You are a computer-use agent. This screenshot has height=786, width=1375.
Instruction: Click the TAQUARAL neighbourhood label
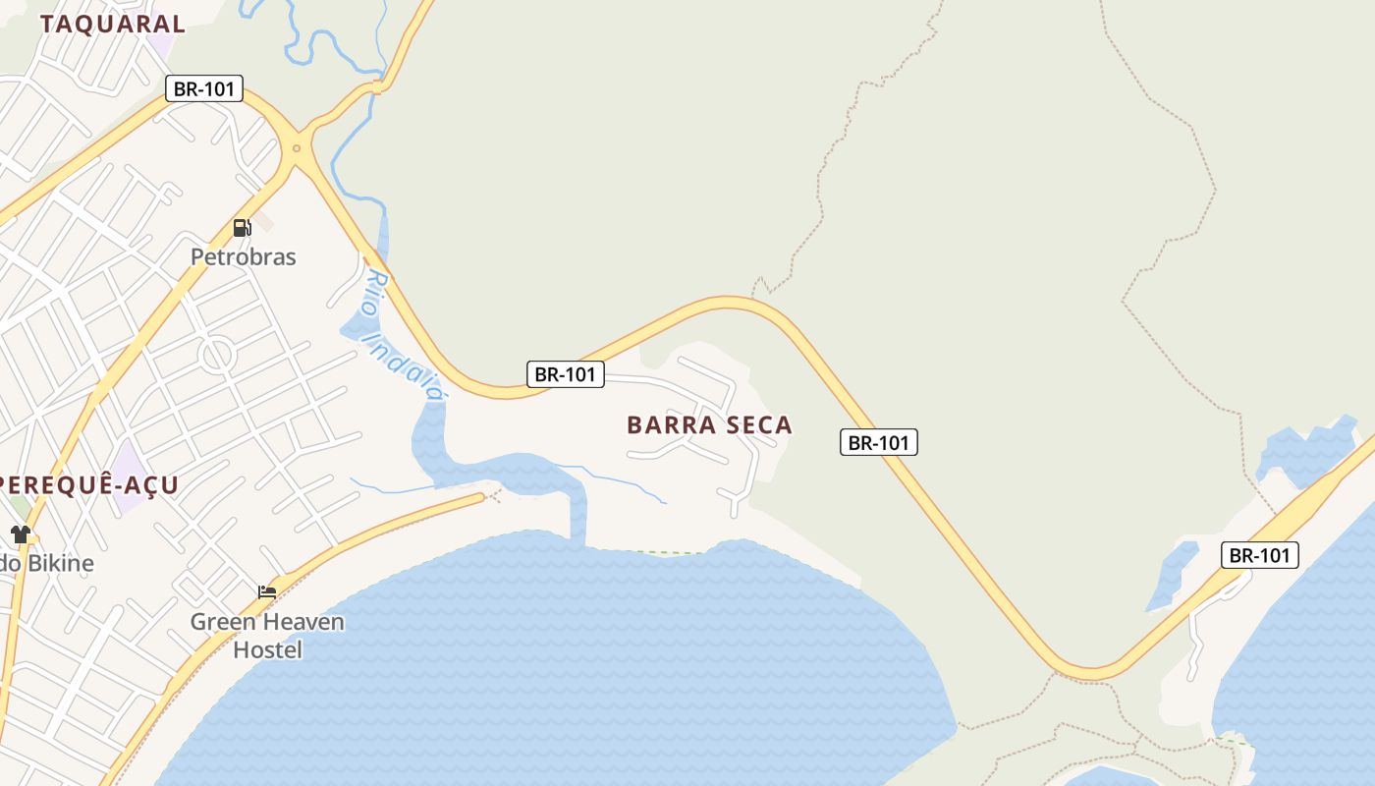pyautogui.click(x=112, y=25)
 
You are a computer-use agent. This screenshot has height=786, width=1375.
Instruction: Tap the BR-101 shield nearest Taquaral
pyautogui.click(x=204, y=88)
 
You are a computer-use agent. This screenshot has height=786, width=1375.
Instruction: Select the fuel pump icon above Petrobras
pyautogui.click(x=242, y=228)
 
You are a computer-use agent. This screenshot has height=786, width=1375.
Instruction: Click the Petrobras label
pyautogui.click(x=243, y=256)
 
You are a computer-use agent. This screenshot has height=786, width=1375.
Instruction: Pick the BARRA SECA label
pyautogui.click(x=709, y=424)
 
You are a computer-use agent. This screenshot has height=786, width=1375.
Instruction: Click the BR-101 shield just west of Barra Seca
pyautogui.click(x=565, y=373)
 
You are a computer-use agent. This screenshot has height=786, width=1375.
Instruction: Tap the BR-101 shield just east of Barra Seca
pyautogui.click(x=878, y=442)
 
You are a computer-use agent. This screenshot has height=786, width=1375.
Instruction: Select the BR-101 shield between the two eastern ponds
pyautogui.click(x=1260, y=555)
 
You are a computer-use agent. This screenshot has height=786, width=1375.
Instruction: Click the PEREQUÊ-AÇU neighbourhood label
pyautogui.click(x=88, y=484)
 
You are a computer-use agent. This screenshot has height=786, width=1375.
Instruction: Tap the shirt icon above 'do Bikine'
pyautogui.click(x=21, y=534)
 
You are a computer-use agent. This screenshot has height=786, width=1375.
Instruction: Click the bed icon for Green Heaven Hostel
pyautogui.click(x=267, y=591)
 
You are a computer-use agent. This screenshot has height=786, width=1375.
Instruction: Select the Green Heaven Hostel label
pyautogui.click(x=267, y=635)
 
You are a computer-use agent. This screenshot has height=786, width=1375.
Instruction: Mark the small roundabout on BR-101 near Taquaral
pyautogui.click(x=297, y=149)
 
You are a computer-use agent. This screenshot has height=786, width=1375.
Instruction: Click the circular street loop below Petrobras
pyautogui.click(x=216, y=355)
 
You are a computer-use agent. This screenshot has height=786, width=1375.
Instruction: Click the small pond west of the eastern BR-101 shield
pyautogui.click(x=1172, y=575)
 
